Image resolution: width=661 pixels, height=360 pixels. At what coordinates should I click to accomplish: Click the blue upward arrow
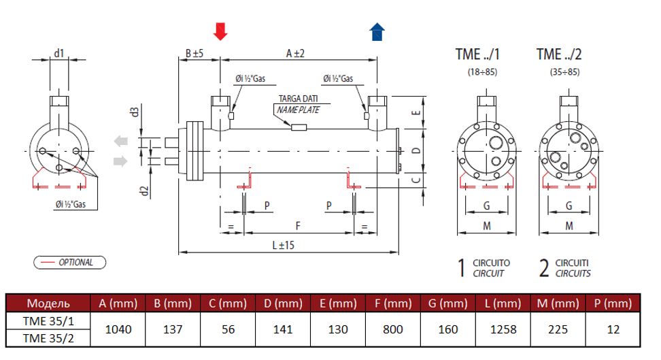[x=377, y=32]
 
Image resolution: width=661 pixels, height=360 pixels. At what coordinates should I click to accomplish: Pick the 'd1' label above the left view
[x=59, y=52]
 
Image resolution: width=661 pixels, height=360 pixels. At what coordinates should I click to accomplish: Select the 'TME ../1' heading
[x=483, y=54]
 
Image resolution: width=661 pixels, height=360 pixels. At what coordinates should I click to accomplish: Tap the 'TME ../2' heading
[x=560, y=54]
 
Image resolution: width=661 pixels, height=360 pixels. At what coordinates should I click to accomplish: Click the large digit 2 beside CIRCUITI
[x=544, y=267]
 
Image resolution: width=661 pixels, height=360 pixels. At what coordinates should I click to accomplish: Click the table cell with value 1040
[x=116, y=329]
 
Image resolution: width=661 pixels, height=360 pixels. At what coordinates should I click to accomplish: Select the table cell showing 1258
[x=503, y=329]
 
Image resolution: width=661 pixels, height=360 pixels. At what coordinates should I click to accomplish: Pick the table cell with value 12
[x=614, y=329]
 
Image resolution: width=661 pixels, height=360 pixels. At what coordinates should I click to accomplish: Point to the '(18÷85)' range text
[x=483, y=71]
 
